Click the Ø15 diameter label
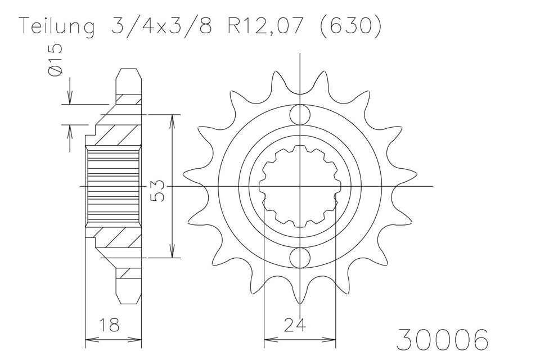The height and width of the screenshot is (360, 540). (55, 61)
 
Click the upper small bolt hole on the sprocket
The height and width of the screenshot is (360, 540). (300, 115)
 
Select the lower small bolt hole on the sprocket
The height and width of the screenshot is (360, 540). (300, 258)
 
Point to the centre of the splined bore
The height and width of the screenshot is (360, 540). (300, 186)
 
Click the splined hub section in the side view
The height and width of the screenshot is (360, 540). (113, 186)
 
